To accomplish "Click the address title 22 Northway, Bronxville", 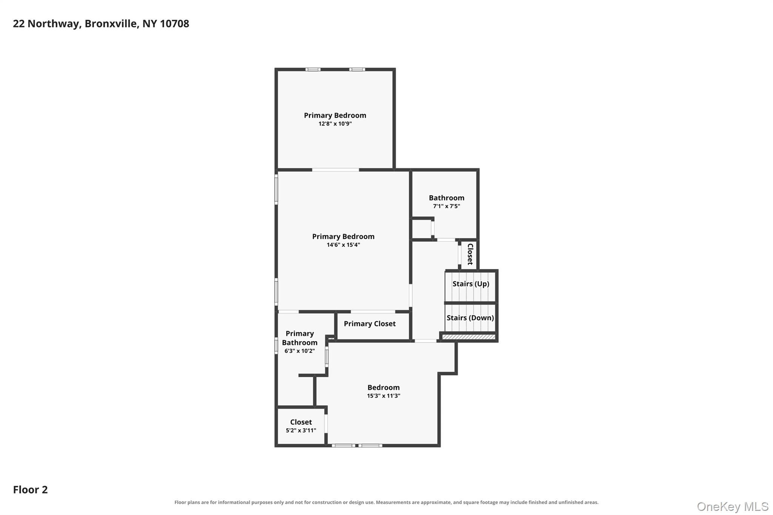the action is click(101, 24).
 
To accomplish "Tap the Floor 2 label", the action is click(30, 490).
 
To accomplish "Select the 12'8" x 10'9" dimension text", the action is click(335, 124).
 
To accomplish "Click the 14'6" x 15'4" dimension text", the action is click(343, 245).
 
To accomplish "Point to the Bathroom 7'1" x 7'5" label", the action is click(447, 201).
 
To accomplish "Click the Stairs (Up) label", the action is click(471, 284).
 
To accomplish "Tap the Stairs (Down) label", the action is click(470, 318).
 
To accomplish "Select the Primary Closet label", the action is click(370, 324).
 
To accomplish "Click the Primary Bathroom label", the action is click(300, 338).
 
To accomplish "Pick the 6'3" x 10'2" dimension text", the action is click(300, 351).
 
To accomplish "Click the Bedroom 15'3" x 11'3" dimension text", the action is click(383, 396).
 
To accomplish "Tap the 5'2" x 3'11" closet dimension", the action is click(301, 430).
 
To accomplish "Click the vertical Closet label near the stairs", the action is click(470, 254).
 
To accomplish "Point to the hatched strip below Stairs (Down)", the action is click(468, 337).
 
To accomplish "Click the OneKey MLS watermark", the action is click(733, 506).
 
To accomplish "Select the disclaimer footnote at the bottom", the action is click(386, 502).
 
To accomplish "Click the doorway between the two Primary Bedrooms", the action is click(335, 170).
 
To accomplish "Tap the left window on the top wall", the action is click(313, 69).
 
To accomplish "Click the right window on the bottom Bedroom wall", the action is click(370, 446).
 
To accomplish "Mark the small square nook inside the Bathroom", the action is click(422, 228).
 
